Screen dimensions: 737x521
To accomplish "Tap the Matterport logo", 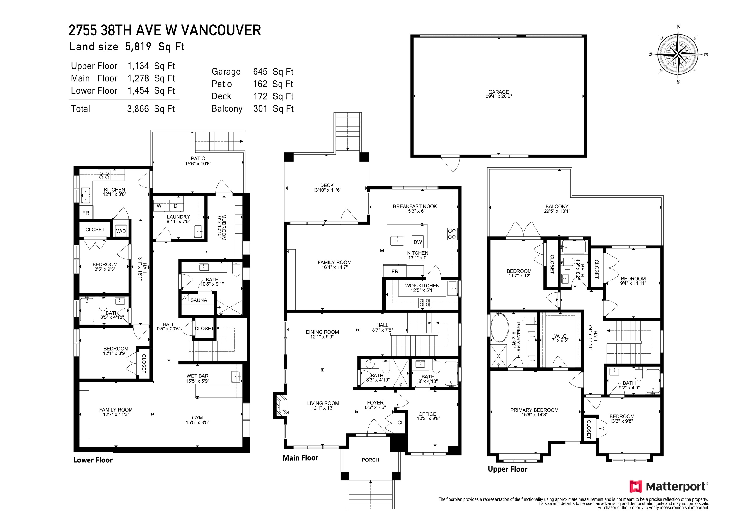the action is point(669,487).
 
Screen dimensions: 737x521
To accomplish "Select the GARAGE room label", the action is point(499,92).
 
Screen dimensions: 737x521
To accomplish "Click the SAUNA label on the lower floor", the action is point(199,300).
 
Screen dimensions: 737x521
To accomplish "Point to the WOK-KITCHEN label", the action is point(422,285).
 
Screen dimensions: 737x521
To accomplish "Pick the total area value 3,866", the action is point(138,109).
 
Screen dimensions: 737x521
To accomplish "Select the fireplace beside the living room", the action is point(280,405).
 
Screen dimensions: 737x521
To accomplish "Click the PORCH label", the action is point(370,460).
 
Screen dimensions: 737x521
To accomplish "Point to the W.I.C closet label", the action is point(560,336).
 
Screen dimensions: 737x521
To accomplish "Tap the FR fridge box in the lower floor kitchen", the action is point(86,213).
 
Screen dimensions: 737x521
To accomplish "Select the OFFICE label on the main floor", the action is point(427,414).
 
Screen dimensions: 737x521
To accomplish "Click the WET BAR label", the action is point(197,376).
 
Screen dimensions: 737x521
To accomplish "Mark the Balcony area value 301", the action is point(260,108).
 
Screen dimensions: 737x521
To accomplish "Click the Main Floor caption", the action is point(300,458).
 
